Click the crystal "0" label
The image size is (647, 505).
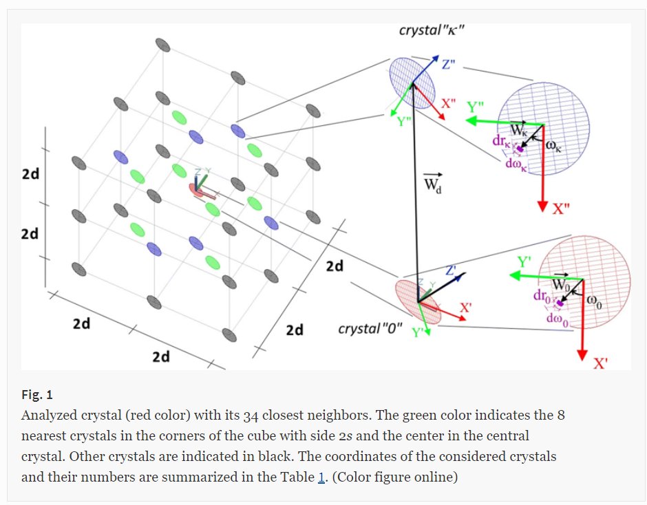(370, 329)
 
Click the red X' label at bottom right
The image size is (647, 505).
(601, 364)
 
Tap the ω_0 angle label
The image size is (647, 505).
(593, 300)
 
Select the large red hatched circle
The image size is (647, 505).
(585, 286)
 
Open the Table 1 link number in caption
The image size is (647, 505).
(321, 476)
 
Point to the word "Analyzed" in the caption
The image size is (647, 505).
(47, 416)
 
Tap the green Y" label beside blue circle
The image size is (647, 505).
(475, 107)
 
